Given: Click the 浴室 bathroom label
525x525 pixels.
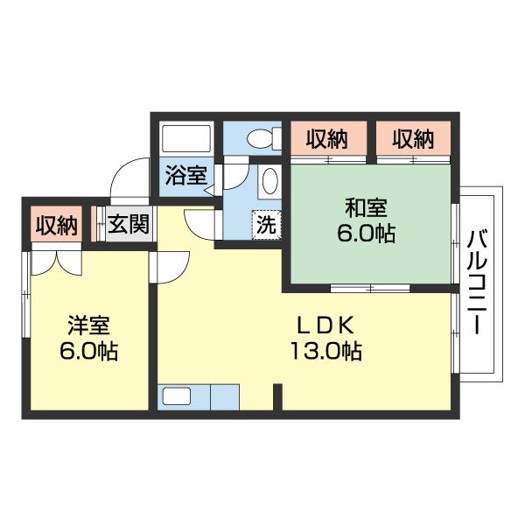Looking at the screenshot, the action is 186,176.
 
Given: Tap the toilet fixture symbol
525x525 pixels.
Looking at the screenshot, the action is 264,138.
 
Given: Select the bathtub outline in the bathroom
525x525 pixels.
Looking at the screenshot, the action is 186,138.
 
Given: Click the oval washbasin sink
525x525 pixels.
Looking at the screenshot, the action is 269,181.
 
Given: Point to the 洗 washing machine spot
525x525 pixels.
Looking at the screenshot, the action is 266,224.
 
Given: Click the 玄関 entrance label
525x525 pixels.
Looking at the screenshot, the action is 129,223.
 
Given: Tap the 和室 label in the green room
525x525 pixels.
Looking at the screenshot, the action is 366,207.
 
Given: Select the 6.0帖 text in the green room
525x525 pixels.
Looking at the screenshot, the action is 366,233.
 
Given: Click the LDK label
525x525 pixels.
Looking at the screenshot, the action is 325,325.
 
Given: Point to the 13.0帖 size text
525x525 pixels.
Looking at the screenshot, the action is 325,351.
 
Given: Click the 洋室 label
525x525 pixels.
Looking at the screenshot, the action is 88,325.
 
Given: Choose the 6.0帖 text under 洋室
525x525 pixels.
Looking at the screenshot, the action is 88,351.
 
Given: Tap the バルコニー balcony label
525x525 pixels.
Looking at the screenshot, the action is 477,283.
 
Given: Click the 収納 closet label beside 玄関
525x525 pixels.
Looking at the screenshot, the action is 57,225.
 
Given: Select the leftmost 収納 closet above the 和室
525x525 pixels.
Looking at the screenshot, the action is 327,138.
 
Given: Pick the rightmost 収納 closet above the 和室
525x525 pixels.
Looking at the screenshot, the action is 413,138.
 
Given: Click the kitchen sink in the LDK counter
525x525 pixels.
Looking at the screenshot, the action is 177,396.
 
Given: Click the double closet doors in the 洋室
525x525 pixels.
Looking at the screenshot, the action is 56,263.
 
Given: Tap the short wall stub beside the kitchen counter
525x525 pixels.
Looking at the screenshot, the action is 277,397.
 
